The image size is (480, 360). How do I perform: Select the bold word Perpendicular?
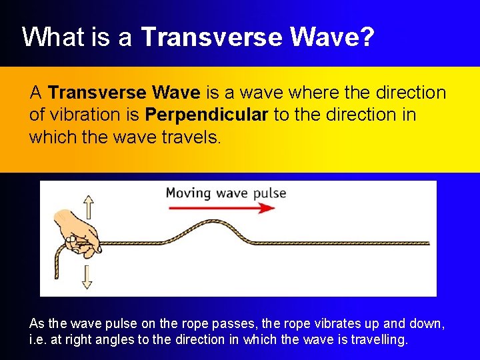207,115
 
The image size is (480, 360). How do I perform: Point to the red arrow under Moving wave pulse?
221,207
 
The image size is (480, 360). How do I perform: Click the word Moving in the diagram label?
188,193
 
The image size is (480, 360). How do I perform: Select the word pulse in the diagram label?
270,194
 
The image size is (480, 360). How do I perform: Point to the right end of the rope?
427,244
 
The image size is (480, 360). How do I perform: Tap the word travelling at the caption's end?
382,339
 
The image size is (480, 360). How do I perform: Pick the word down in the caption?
428,323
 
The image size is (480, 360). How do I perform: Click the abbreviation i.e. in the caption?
37,339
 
